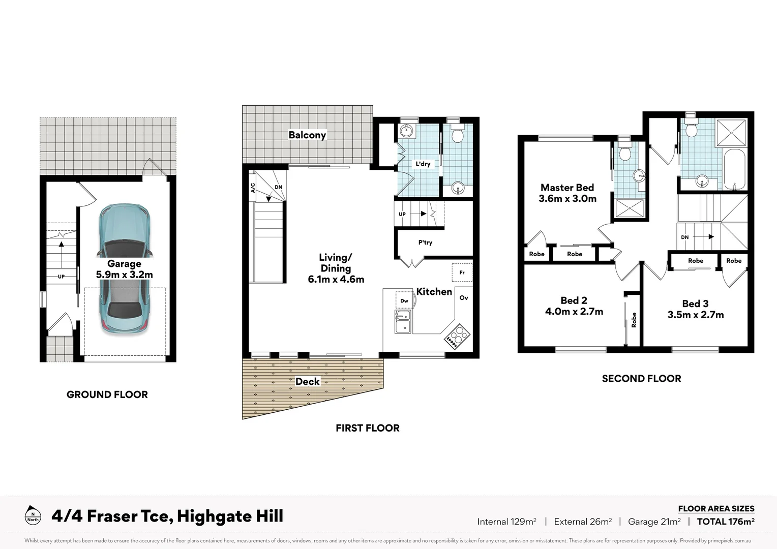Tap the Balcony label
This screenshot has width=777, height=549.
coord(307,135)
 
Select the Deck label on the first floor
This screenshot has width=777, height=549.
coord(307,382)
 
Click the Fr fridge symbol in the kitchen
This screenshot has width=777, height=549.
coord(462,272)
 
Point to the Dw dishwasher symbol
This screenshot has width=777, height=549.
coord(404,301)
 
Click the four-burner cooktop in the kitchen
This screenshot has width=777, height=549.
coord(457,336)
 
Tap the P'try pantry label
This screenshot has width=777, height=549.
coord(425,242)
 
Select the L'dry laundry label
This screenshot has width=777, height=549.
coord(423,164)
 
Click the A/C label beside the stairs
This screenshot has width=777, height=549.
coord(253,188)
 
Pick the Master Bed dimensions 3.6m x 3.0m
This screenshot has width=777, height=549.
coord(567,199)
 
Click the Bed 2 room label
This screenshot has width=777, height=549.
coord(574,300)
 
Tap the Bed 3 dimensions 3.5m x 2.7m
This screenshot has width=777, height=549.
coord(695,315)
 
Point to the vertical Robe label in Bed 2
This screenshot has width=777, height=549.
coord(634,320)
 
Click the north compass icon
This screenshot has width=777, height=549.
coord(33,515)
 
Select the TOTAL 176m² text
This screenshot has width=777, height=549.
coord(725,522)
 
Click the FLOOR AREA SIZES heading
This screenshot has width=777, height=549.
coord(716,508)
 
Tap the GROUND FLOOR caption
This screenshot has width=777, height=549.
coord(107,394)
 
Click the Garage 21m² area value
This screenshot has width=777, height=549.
coord(654,522)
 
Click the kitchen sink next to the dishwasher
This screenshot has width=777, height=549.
coord(403,322)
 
